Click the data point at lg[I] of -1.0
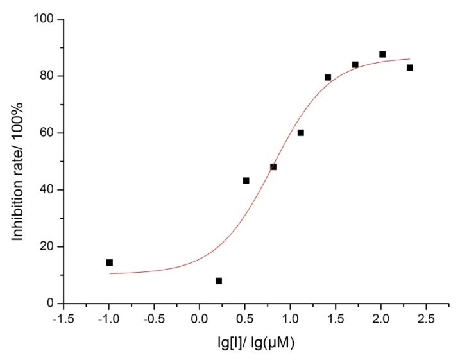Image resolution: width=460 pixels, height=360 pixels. (110, 262)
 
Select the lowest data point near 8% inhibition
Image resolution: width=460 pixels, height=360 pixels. (219, 280)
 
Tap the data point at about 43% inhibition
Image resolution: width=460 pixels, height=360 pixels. (246, 180)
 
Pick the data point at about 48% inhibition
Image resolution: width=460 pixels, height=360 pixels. (273, 167)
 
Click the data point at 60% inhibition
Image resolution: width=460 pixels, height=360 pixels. (300, 133)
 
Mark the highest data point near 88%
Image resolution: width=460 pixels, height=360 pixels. (382, 55)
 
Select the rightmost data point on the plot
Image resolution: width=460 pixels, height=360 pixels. (409, 67)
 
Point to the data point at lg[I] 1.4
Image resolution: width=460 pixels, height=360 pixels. (328, 77)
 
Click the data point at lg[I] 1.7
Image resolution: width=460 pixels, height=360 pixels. (355, 64)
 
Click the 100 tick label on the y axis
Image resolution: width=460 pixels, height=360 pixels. (45, 19)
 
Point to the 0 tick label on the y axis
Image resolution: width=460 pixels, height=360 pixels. (51, 304)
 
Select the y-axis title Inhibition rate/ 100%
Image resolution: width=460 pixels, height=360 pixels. (19, 161)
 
